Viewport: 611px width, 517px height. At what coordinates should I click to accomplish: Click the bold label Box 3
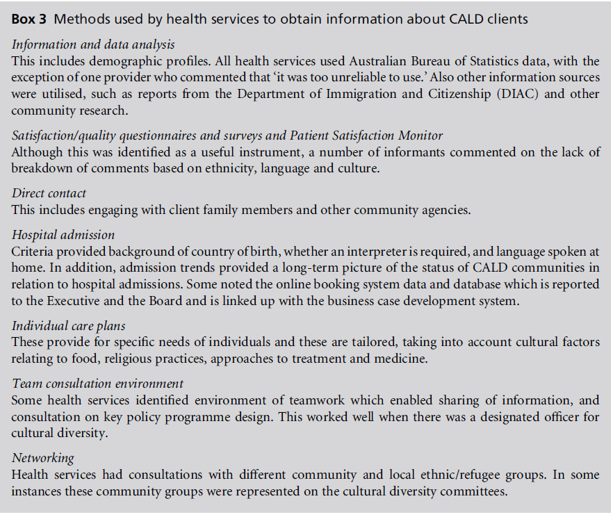pos(30,19)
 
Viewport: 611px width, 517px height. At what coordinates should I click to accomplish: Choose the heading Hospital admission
pos(63,236)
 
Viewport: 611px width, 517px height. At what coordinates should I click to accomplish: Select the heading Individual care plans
pos(68,325)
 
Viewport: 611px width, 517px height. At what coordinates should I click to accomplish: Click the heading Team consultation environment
pos(98,384)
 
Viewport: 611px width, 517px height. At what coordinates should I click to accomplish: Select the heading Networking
pos(43,458)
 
